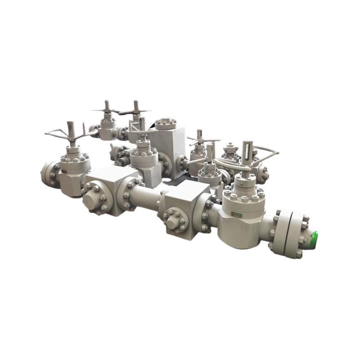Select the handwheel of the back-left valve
pos(107,110)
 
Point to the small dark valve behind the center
pos(120,153)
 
